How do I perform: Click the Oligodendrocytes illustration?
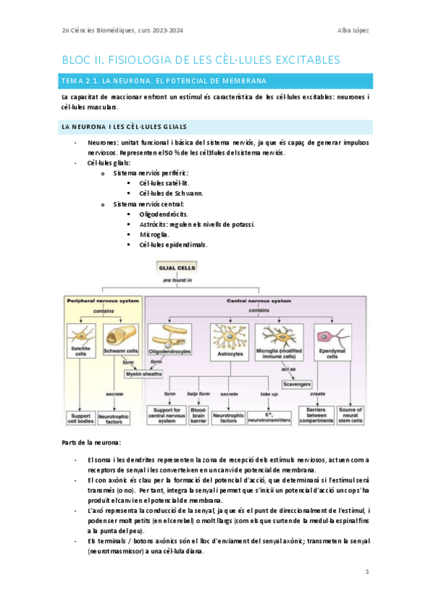tap(169, 337)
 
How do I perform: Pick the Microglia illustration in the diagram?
tap(279, 337)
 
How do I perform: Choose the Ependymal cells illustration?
tap(332, 337)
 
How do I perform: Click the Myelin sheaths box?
tap(144, 374)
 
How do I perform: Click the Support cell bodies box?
tap(81, 417)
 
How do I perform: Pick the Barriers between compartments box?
tap(312, 414)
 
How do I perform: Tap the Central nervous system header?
tap(259, 300)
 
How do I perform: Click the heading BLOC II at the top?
tap(201, 59)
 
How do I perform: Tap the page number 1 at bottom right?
tap(366, 572)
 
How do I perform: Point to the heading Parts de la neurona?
tap(91, 441)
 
